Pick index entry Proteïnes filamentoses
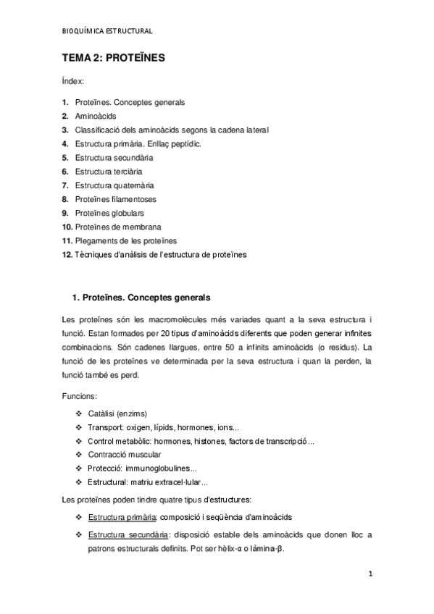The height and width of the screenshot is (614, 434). point(115,199)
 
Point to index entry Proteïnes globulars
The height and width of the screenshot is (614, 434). point(109,213)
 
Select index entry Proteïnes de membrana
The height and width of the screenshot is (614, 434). point(117,227)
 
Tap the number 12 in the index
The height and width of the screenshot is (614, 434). point(67,254)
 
